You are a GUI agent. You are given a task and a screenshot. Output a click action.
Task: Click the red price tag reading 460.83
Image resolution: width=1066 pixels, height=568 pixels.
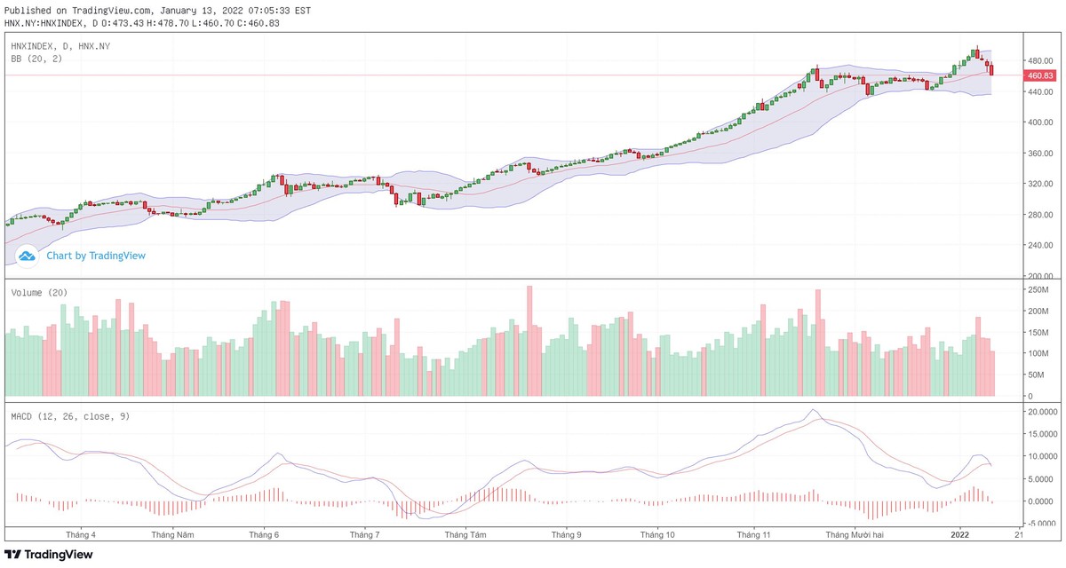pyautogui.click(x=1038, y=75)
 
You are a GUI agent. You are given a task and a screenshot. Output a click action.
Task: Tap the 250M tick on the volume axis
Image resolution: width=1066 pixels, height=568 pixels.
pyautogui.click(x=1038, y=290)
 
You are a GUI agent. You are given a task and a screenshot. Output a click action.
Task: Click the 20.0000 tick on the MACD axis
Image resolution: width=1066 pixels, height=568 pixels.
pyautogui.click(x=1040, y=412)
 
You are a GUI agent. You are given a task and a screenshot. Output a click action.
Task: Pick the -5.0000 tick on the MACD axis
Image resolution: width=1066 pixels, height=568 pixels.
pyautogui.click(x=1040, y=523)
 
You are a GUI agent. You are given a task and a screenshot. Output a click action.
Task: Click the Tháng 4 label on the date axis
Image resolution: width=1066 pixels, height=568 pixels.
pyautogui.click(x=81, y=536)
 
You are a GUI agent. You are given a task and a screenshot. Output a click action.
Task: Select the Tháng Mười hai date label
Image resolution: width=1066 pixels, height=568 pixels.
pyautogui.click(x=855, y=536)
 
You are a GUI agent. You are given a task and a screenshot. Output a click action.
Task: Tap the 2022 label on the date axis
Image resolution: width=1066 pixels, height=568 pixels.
pyautogui.click(x=960, y=536)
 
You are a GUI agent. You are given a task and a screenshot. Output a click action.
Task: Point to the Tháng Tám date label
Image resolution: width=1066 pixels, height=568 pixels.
pyautogui.click(x=465, y=536)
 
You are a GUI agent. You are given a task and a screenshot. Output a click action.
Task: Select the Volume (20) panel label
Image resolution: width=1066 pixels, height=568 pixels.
pyautogui.click(x=39, y=293)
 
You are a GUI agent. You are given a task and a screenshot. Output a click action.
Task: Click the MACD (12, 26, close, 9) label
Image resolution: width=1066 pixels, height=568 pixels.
pyautogui.click(x=70, y=415)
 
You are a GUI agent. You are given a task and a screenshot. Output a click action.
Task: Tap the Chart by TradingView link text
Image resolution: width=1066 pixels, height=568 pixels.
pyautogui.click(x=96, y=256)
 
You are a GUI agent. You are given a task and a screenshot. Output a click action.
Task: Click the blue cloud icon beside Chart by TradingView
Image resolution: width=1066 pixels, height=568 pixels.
pyautogui.click(x=27, y=256)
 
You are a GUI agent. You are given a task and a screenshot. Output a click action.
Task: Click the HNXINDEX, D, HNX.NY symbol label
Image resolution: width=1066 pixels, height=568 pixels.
pyautogui.click(x=60, y=45)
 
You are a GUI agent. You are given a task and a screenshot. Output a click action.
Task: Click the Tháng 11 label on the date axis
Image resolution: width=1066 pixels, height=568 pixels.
pyautogui.click(x=753, y=536)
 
